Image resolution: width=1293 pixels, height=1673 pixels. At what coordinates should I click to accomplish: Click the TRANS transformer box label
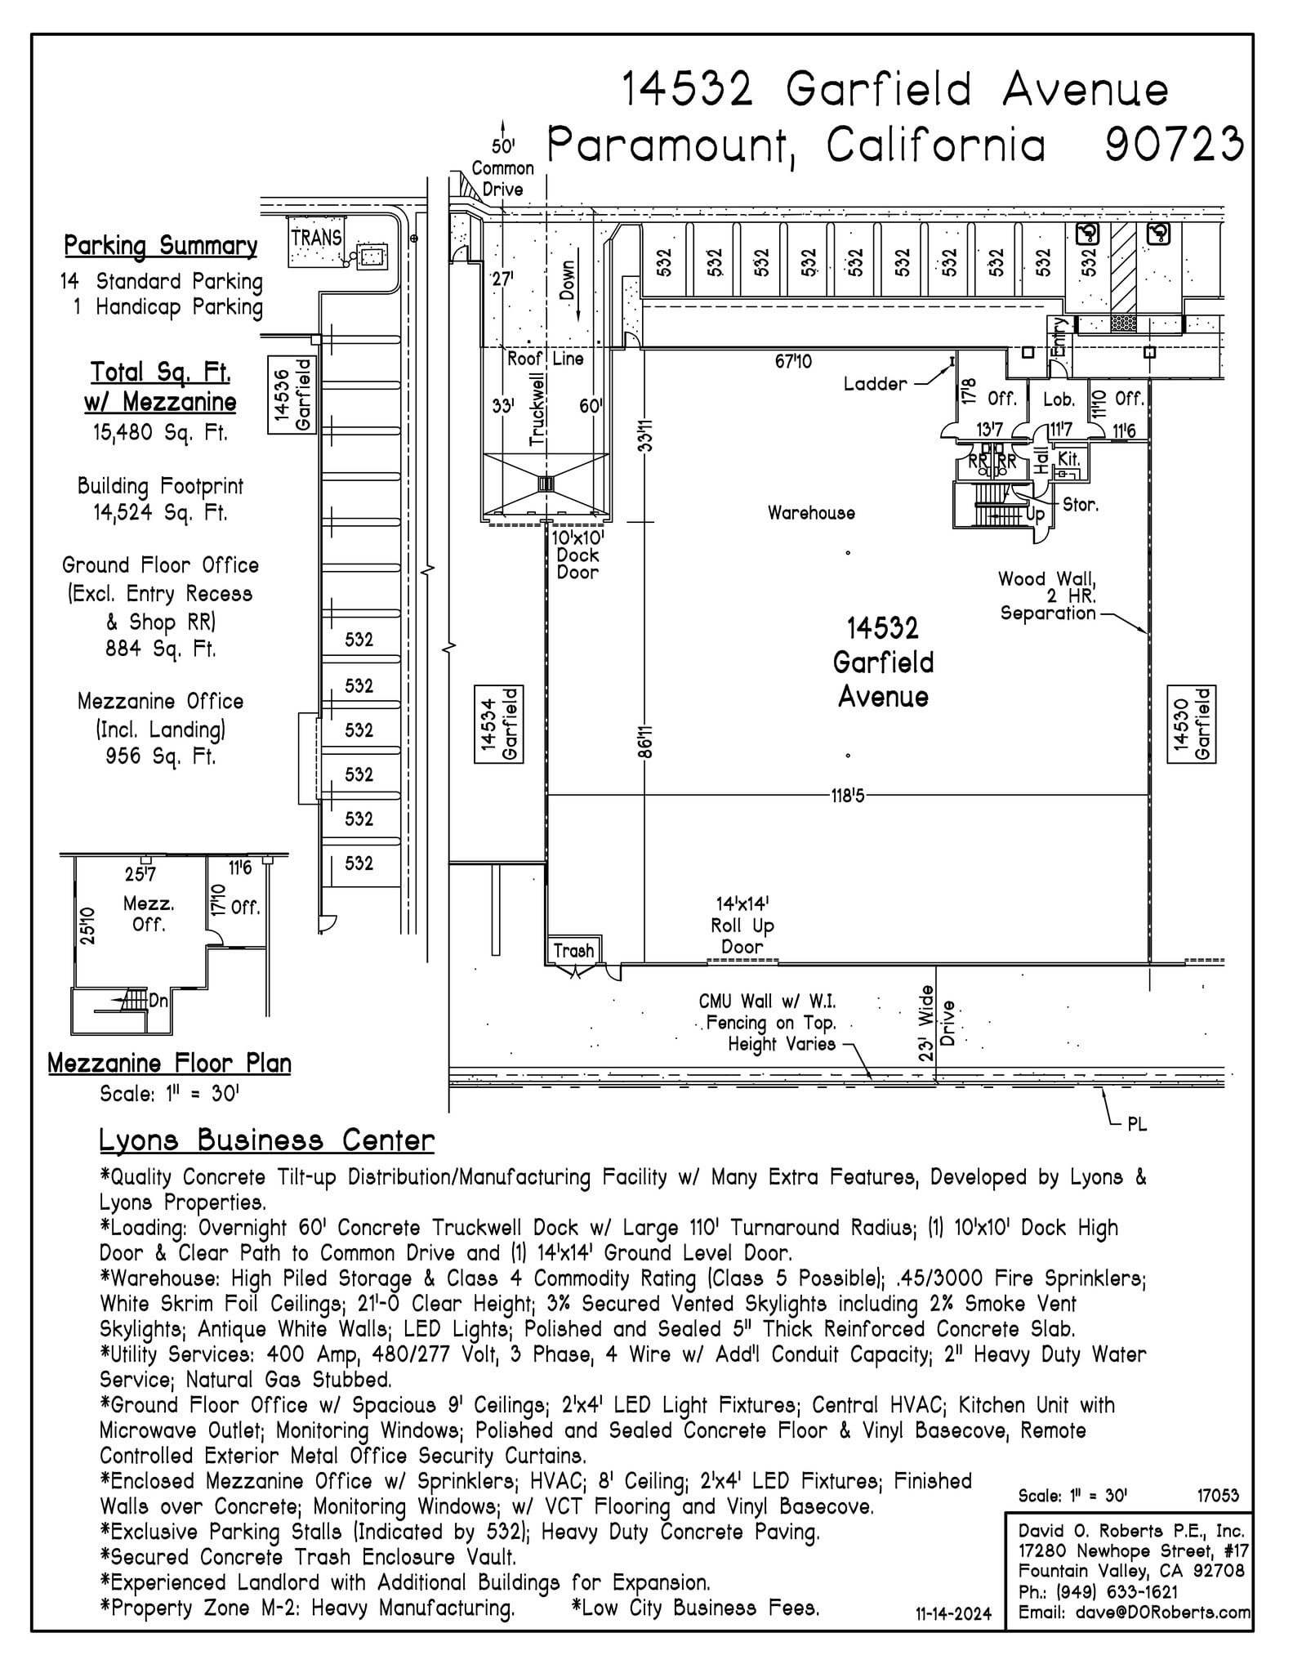click(316, 238)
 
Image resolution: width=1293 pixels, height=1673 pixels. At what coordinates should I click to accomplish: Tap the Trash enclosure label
click(573, 950)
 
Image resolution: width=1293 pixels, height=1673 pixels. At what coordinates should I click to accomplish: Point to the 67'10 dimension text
click(793, 361)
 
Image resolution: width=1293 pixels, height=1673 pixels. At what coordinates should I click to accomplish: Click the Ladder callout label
click(875, 384)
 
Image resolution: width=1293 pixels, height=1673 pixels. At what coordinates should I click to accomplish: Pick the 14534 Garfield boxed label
click(499, 725)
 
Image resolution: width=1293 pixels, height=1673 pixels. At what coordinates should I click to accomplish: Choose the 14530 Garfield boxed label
click(1192, 725)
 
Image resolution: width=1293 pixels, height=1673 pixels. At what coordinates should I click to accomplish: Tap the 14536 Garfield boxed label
click(292, 395)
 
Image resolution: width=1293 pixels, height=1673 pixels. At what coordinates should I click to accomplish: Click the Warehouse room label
click(811, 513)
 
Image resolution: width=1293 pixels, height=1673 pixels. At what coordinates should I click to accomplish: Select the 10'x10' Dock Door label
click(577, 555)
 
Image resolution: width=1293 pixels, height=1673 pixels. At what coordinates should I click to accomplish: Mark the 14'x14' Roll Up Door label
click(742, 925)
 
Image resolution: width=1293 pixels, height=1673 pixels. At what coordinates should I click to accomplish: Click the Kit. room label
click(1068, 459)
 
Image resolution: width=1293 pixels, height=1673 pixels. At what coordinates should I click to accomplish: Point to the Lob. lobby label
click(1059, 399)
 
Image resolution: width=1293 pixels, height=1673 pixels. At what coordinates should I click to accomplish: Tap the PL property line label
click(1136, 1125)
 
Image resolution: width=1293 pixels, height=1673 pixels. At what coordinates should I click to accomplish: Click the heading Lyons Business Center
click(266, 1140)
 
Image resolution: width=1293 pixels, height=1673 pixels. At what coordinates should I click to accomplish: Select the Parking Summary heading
click(161, 245)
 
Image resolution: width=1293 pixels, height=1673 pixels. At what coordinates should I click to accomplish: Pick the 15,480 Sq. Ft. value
click(160, 432)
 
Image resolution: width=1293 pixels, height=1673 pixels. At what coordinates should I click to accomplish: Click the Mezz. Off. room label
click(149, 914)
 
